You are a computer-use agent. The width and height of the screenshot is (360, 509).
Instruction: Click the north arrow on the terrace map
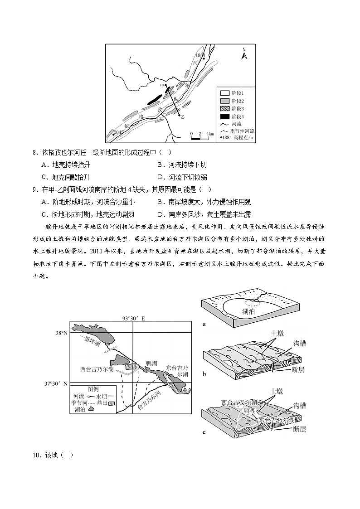pyautogui.click(x=243, y=54)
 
